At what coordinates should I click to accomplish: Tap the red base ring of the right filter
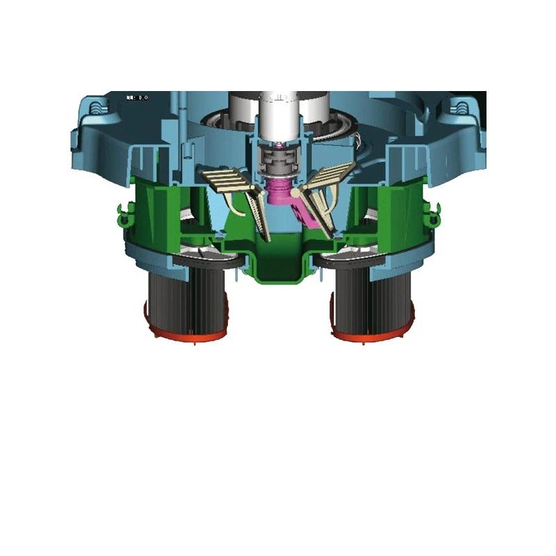tap(371, 336)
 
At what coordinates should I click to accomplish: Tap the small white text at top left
tap(136, 98)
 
